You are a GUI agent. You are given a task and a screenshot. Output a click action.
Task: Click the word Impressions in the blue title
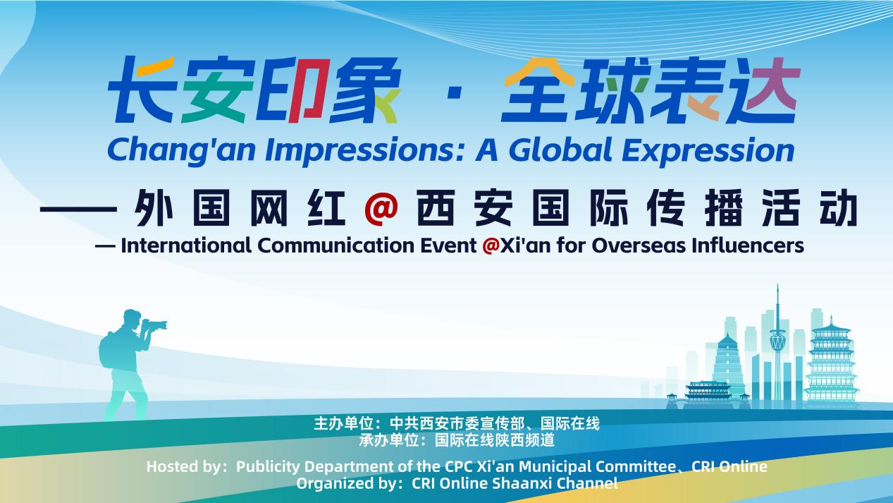click(x=364, y=151)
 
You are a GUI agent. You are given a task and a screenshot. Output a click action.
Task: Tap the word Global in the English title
click(x=561, y=150)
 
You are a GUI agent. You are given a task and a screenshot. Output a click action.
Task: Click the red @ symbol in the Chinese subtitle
click(x=381, y=207)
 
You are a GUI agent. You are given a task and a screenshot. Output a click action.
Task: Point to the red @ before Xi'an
click(x=491, y=246)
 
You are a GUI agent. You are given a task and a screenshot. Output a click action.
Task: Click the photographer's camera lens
click(x=158, y=325)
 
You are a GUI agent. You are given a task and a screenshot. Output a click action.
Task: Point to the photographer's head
click(x=132, y=320)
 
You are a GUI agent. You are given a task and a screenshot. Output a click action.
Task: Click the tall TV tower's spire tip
click(x=777, y=285)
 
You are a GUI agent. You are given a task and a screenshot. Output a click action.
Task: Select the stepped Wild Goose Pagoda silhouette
click(x=727, y=366)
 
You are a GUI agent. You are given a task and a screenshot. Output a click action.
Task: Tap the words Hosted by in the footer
click(x=183, y=466)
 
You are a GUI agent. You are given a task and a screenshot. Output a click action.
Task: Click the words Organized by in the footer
click(x=346, y=483)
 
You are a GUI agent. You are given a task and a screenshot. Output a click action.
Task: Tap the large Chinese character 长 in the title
click(x=142, y=90)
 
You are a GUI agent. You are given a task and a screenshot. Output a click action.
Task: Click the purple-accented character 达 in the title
click(x=765, y=90)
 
